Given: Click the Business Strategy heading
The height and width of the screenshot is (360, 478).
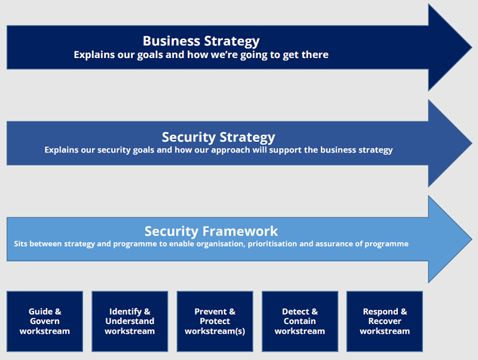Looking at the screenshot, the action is [201, 41].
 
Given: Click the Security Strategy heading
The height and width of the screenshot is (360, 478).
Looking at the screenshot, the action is [218, 138].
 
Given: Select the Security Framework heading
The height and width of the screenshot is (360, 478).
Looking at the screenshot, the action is [211, 231].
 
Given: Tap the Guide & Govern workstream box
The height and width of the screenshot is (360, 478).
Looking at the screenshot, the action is [45, 321].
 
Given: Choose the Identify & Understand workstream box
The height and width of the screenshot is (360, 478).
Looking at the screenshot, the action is [130, 321].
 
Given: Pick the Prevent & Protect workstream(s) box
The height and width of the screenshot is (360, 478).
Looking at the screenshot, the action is [215, 321].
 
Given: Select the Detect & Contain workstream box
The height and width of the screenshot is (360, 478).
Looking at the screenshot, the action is [300, 321].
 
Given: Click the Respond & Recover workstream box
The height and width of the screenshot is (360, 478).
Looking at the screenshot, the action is [385, 321].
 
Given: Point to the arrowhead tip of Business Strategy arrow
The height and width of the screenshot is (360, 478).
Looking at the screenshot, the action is [472, 47].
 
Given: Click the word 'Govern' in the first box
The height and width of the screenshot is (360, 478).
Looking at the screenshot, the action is [45, 321].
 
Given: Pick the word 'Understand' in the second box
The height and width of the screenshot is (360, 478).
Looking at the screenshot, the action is [130, 321].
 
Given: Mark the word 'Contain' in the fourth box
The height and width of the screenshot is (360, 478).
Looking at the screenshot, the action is [300, 321].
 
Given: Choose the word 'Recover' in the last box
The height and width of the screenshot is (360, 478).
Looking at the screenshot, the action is [385, 321].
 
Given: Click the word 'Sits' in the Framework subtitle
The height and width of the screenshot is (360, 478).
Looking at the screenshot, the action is [21, 244].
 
